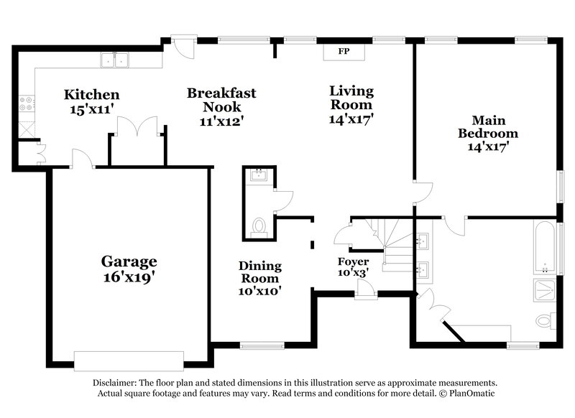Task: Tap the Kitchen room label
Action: point(91,95)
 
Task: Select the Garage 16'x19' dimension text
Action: point(129,277)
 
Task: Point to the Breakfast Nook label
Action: point(221,107)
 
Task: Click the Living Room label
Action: point(351,105)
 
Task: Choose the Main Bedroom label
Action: point(488,134)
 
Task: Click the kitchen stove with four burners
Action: point(26,105)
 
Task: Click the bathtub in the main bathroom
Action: point(546,248)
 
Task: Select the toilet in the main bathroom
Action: point(546,320)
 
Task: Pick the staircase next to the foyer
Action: point(396,248)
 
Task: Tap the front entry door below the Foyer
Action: point(366,289)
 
